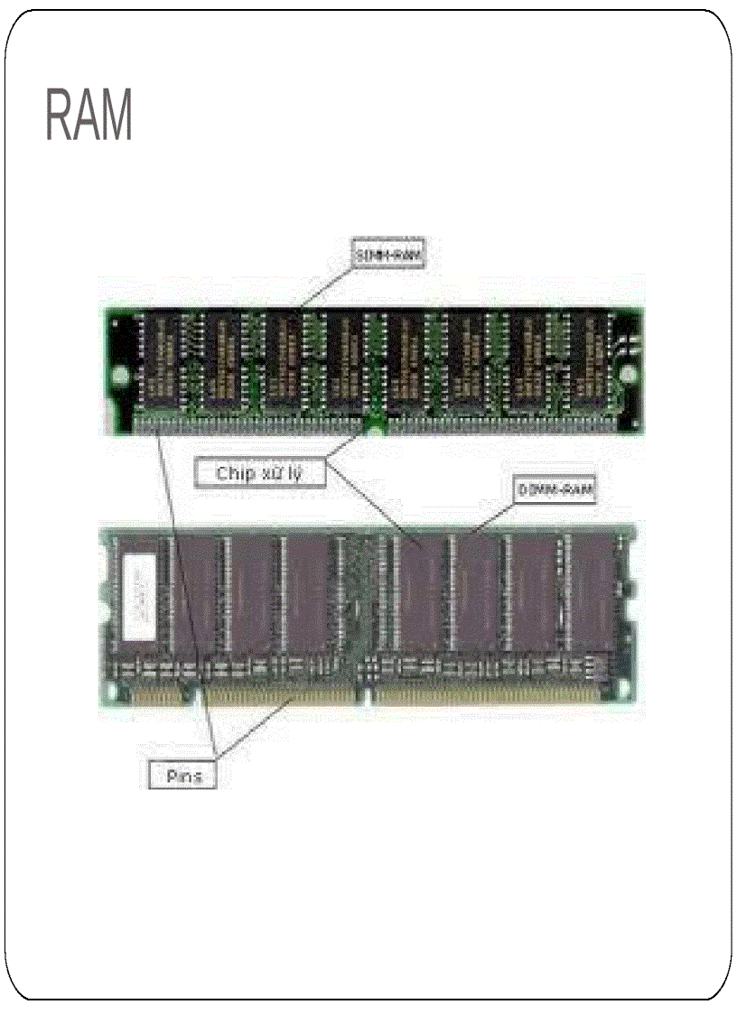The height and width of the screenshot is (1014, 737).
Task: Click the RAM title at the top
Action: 89,115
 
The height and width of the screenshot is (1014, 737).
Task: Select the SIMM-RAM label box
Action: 387,255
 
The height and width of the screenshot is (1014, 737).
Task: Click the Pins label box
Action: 182,775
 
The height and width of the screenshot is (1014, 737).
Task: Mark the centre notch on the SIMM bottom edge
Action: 373,428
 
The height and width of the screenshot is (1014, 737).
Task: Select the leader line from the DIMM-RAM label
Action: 492,516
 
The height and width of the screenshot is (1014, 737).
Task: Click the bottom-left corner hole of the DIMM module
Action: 112,693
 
